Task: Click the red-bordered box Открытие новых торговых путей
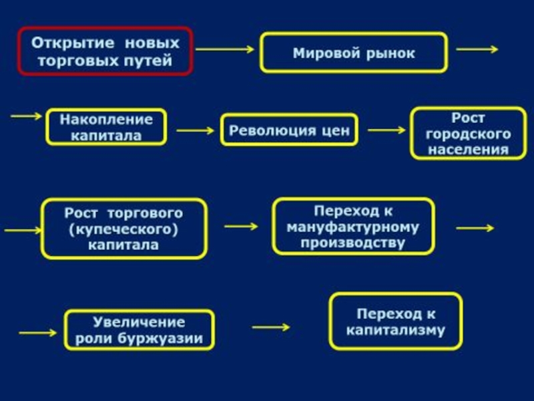105,51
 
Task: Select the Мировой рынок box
354,53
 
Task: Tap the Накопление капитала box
106,127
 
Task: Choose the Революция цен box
289,130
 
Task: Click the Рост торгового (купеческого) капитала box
123,229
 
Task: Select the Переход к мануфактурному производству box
353,227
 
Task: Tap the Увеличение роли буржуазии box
139,329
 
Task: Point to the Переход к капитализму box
396,321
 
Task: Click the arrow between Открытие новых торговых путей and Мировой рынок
226,49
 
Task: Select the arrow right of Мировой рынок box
477,49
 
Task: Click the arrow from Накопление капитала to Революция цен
194,130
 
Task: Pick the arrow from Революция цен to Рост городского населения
386,130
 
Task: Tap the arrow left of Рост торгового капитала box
23,230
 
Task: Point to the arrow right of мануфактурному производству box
475,227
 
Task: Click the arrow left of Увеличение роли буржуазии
38,331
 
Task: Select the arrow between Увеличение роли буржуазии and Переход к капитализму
271,327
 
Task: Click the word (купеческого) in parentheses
123,229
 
